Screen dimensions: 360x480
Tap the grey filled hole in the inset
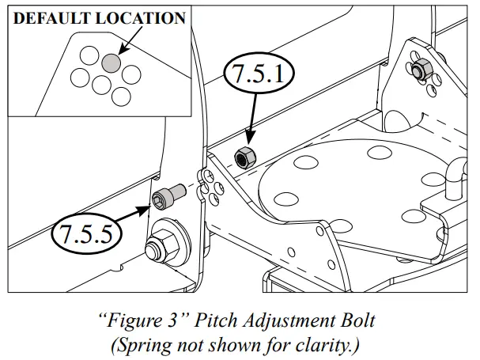pyautogui.click(x=111, y=61)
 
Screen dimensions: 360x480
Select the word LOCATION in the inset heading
pyautogui.click(x=145, y=18)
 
